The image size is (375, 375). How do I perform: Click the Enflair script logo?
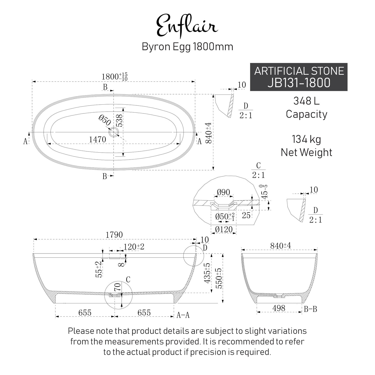(x=187, y=26)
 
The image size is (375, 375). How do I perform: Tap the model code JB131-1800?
(x=299, y=83)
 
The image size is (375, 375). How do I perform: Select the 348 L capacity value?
(x=306, y=101)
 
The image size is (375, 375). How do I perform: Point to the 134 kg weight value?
(x=306, y=139)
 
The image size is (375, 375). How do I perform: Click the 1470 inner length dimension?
(x=98, y=140)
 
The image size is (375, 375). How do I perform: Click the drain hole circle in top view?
(x=113, y=132)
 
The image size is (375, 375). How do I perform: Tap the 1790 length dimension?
(x=114, y=235)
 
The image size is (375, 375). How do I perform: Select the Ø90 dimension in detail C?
(x=223, y=192)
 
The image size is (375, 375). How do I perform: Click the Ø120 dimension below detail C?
(x=224, y=229)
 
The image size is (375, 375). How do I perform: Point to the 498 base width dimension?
(x=279, y=308)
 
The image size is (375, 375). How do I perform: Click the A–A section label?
(x=183, y=315)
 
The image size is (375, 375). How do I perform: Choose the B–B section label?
(x=310, y=309)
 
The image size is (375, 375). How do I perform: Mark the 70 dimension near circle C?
(x=118, y=287)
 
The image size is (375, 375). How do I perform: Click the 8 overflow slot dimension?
(x=121, y=264)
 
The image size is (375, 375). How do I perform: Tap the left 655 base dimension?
(x=85, y=313)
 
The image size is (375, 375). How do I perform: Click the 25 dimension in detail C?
(x=246, y=215)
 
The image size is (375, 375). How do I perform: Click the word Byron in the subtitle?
(x=153, y=47)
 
